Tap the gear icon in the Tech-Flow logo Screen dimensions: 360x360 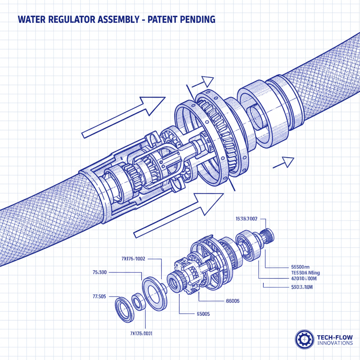click(304, 339)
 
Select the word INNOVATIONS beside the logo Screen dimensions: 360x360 click(334, 343)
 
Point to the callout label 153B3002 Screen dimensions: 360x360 click(246, 218)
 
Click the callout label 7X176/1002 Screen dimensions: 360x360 click(133, 259)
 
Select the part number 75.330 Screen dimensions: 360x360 click(99, 272)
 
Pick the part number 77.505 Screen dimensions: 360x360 click(99, 296)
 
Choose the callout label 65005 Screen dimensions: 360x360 click(202, 314)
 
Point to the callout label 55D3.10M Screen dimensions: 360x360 click(302, 287)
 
